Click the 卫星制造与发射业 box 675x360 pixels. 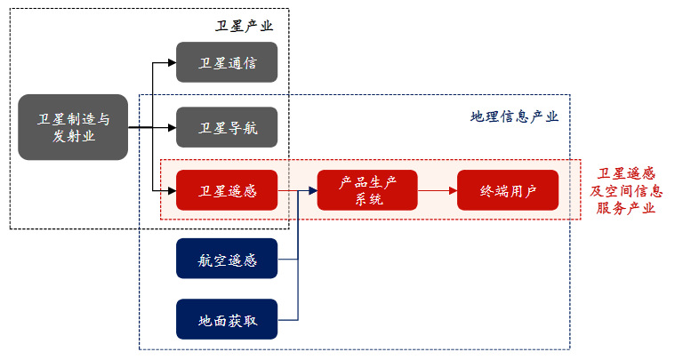tap(73, 127)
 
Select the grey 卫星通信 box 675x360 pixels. tap(227, 62)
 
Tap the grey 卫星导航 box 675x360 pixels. tap(227, 127)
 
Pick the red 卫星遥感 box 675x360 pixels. tap(227, 190)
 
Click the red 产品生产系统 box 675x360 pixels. tap(368, 190)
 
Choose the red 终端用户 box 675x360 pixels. tap(508, 190)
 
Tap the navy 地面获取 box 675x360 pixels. tap(227, 319)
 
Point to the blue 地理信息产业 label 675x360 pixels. tap(514, 116)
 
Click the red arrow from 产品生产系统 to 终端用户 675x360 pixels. tap(436, 190)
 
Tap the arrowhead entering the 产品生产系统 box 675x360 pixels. tap(311, 190)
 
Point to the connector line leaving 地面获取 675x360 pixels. tap(287, 319)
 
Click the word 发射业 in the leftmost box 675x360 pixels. tap(73, 136)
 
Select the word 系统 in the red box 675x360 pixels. tap(368, 199)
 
